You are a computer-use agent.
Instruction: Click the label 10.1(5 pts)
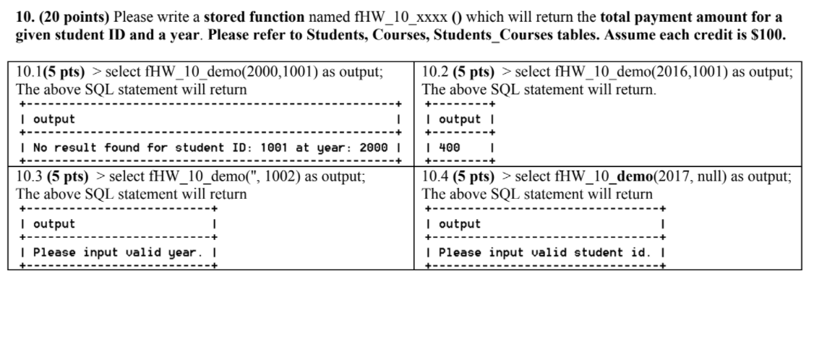click(51, 73)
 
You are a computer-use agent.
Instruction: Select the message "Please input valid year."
click(119, 252)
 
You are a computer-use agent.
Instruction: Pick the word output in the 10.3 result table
click(53, 223)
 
